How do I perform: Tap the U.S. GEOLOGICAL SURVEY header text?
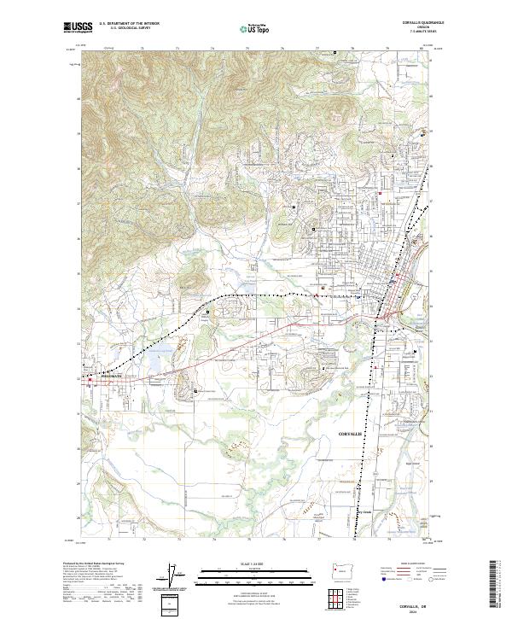[x=125, y=29]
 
